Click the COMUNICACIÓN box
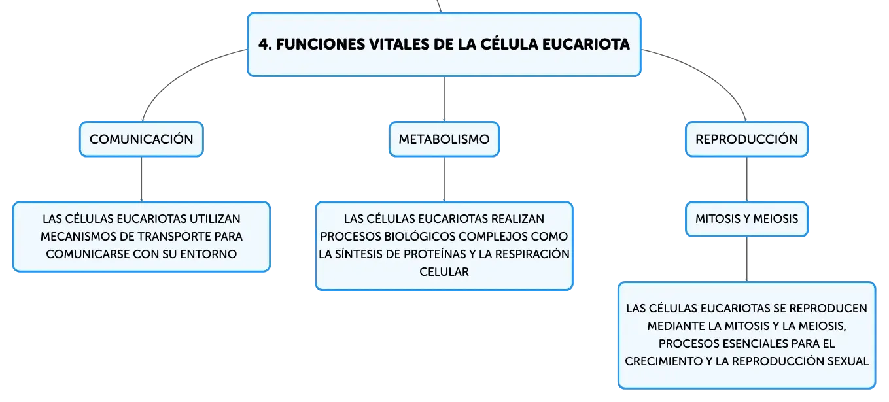(x=141, y=139)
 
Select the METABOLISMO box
(x=444, y=139)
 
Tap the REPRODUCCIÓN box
(x=746, y=139)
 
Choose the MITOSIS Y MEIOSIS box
(x=746, y=219)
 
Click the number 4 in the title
(x=264, y=44)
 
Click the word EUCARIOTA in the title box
(x=585, y=44)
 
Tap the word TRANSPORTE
(x=174, y=237)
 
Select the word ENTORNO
(x=209, y=254)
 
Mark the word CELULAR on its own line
(x=444, y=272)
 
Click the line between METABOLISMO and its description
(x=444, y=179)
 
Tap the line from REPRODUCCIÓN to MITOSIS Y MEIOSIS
(x=746, y=179)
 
